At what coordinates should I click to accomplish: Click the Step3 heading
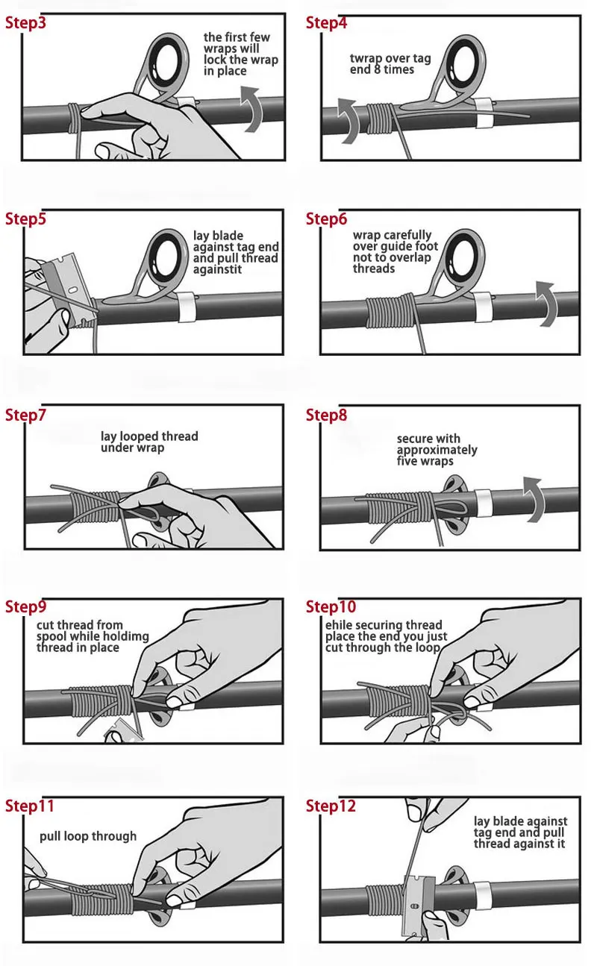pos(25,23)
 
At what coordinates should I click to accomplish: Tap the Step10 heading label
pos(331,606)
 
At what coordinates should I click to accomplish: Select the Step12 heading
pos(331,806)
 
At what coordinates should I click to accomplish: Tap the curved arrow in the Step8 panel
pos(535,499)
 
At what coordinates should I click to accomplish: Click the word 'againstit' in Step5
pos(217,269)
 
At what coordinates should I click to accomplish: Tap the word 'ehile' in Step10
pos(337,625)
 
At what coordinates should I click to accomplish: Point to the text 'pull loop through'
pos(88,836)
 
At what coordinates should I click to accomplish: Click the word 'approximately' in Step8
pos(437,450)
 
